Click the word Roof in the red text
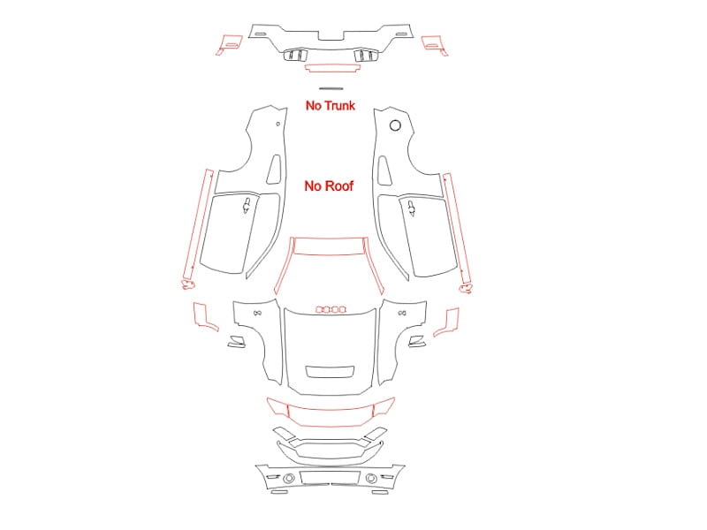(338, 186)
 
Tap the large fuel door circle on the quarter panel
(395, 125)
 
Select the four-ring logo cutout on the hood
(331, 310)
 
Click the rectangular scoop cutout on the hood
(330, 371)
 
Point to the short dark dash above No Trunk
(331, 89)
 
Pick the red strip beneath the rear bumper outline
(333, 68)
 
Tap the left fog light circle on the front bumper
(289, 478)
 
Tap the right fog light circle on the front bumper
(371, 478)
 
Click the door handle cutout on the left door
(247, 205)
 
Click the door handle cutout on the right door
(412, 208)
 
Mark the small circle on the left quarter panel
(277, 124)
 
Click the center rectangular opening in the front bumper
(330, 477)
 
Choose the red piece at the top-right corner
(434, 45)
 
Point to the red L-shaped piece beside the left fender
(203, 318)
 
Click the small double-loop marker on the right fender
(402, 314)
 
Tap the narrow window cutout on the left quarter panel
(274, 170)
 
